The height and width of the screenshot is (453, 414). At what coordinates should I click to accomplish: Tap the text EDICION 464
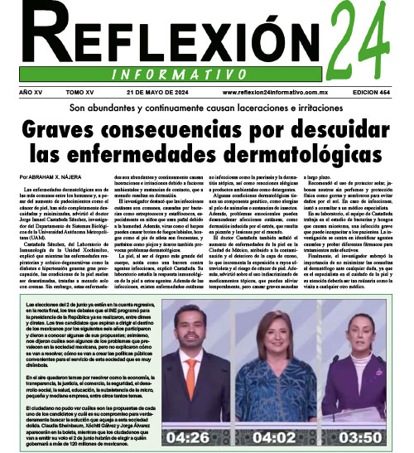pos(377,94)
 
